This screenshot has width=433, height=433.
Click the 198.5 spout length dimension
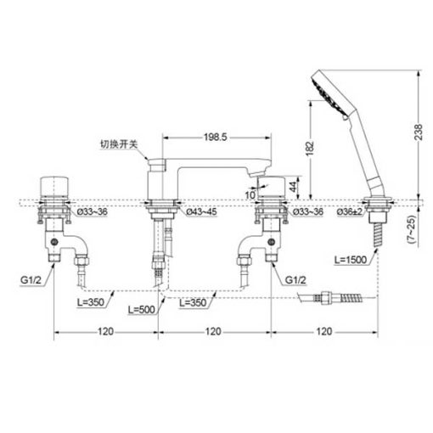[x=216, y=138]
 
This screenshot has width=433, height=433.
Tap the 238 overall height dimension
[x=419, y=132]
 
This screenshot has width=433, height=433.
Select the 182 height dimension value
[x=310, y=148]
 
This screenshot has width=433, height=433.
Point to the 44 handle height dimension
[x=294, y=187]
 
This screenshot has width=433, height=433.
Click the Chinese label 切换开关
[x=119, y=144]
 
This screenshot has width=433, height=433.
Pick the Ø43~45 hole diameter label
[x=201, y=211]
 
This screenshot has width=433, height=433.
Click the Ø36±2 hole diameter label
[x=350, y=211]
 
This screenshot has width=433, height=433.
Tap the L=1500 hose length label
[x=351, y=260]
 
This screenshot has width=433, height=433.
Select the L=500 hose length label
[x=142, y=310]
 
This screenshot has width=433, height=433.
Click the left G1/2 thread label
[x=31, y=280]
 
